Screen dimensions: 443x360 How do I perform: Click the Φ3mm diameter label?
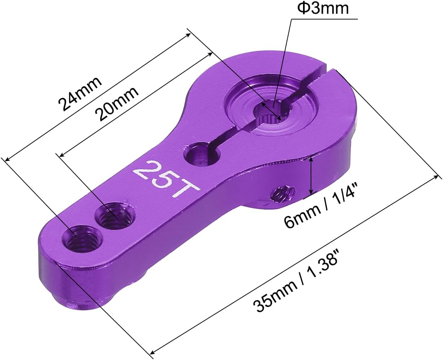(323, 8)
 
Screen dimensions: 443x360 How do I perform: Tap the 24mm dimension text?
(80, 94)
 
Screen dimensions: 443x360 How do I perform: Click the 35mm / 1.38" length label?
(296, 282)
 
